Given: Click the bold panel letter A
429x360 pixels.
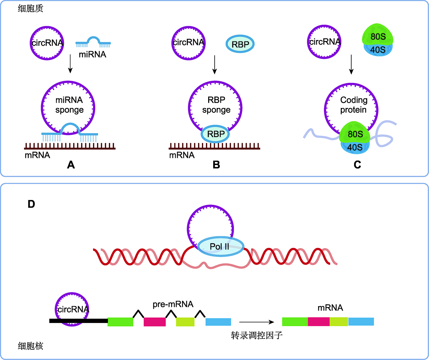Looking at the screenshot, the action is pos(71,165).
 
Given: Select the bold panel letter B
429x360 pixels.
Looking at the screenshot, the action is pos(216,165).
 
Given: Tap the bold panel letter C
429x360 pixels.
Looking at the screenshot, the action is pos(357,165).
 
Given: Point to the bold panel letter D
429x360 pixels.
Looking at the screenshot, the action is pos(32,204).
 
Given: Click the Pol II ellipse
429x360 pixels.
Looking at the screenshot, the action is pos(220,246).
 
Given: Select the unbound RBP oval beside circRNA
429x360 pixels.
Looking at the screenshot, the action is pos(240,44).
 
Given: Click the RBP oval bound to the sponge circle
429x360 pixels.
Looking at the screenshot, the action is pos(215,134).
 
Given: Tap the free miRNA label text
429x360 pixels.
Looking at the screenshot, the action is pos(93,55).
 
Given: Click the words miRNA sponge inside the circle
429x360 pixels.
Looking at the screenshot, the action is pos(69,105).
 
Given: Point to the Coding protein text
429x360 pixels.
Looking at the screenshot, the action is pos(353,105).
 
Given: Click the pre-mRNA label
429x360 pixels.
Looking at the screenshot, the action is pos(173,304).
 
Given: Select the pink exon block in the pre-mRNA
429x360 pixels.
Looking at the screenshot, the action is pos(155,322).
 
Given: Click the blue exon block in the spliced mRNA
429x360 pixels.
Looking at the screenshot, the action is pos(361,321).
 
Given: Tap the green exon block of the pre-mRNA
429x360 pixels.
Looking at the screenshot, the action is pos(120,322).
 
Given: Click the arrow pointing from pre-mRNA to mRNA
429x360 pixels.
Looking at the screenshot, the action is pos(256,322).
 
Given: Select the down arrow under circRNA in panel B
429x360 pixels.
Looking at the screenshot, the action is pos(214,65).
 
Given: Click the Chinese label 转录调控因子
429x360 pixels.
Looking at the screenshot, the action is pos(256,335).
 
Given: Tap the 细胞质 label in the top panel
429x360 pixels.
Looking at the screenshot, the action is pos(31,8).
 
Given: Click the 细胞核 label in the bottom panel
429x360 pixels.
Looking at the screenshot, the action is pos(31,346).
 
